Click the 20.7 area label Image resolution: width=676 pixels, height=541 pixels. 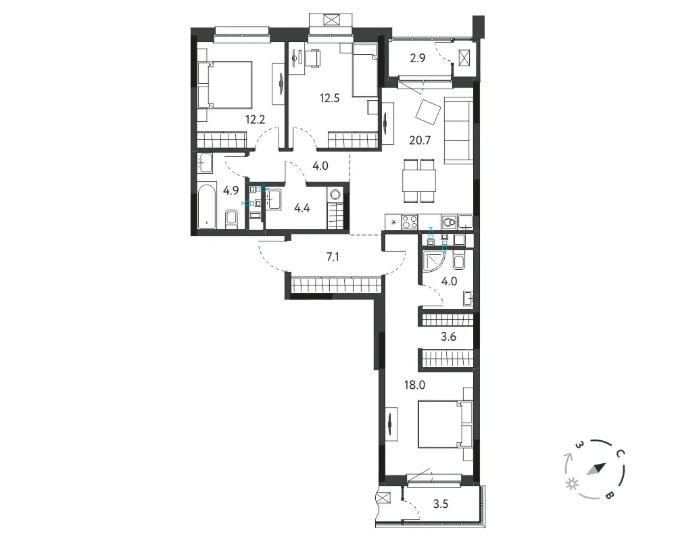420,140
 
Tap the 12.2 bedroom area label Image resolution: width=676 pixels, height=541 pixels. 256,119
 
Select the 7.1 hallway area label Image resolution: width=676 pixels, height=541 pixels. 333,257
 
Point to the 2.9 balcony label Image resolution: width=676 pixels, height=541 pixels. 418,57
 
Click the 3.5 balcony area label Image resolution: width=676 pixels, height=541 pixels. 441,504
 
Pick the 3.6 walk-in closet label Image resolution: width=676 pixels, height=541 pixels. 448,336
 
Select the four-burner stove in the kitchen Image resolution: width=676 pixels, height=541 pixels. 410,222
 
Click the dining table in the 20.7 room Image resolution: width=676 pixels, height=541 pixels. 420,181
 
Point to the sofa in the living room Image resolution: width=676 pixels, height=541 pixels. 459,131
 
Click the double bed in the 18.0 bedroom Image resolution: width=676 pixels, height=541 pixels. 445,424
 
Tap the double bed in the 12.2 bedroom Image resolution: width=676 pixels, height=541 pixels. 224,85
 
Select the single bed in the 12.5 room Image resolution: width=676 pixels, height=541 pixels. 365,74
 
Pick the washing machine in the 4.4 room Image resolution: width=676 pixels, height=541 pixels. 335,194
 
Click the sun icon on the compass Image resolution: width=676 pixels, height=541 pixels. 573,484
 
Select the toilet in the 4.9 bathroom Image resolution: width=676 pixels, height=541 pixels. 231,218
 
